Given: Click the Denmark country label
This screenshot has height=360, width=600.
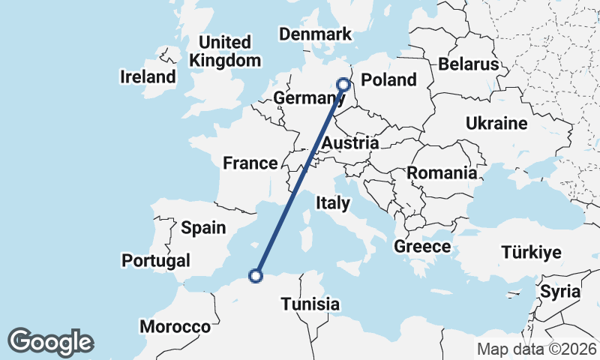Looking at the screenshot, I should [315, 34].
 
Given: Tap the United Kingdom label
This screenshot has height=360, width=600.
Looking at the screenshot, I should [225, 51].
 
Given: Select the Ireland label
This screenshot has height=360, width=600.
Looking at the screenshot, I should [148, 76].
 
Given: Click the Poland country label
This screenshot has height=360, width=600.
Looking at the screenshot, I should [388, 80].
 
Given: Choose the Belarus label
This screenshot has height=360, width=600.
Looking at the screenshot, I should [469, 64].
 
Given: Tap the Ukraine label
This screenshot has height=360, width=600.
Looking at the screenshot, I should [496, 123].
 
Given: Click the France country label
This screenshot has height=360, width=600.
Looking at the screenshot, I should [250, 163].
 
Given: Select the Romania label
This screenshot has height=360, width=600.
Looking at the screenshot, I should [442, 173].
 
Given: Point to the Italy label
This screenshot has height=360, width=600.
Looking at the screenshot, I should [333, 202].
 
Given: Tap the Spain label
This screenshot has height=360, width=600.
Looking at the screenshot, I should [203, 227].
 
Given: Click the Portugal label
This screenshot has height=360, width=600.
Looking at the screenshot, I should [155, 260].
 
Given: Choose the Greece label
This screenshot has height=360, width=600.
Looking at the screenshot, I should [423, 247].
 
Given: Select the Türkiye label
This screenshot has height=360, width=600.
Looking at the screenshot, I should [531, 252].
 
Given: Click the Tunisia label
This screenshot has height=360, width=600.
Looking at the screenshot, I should [310, 304].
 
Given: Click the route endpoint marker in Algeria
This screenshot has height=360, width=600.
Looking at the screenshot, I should [256, 276].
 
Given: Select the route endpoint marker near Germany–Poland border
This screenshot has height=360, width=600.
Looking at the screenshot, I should [344, 85].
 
